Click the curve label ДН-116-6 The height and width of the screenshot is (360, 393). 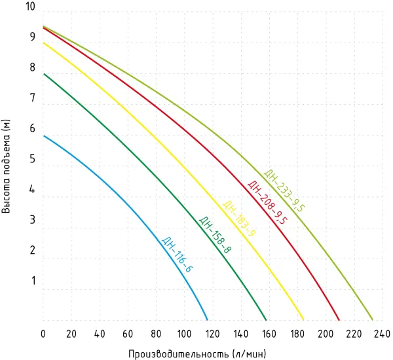[177, 255]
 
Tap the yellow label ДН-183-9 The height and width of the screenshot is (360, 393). [240, 219]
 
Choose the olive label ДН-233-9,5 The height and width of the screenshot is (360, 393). [284, 190]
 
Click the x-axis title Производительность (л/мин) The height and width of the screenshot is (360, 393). [197, 353]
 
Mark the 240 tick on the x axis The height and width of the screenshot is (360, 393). [383, 333]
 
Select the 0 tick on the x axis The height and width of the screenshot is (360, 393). [43, 333]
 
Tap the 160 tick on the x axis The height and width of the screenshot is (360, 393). [269, 333]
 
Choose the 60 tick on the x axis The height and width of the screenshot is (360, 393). [128, 333]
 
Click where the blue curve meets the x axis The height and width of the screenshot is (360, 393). [208, 320]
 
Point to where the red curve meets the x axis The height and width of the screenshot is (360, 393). [339, 320]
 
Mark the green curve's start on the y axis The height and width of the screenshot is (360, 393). [43, 73]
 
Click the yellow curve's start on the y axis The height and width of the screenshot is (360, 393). [43, 43]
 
